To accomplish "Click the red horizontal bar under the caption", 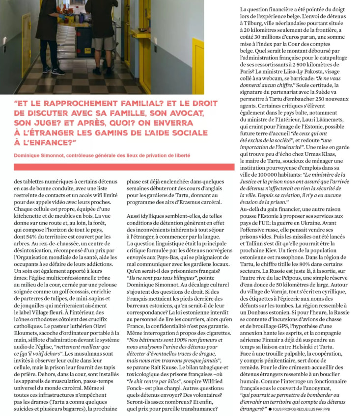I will pyautogui.click(x=123, y=167).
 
